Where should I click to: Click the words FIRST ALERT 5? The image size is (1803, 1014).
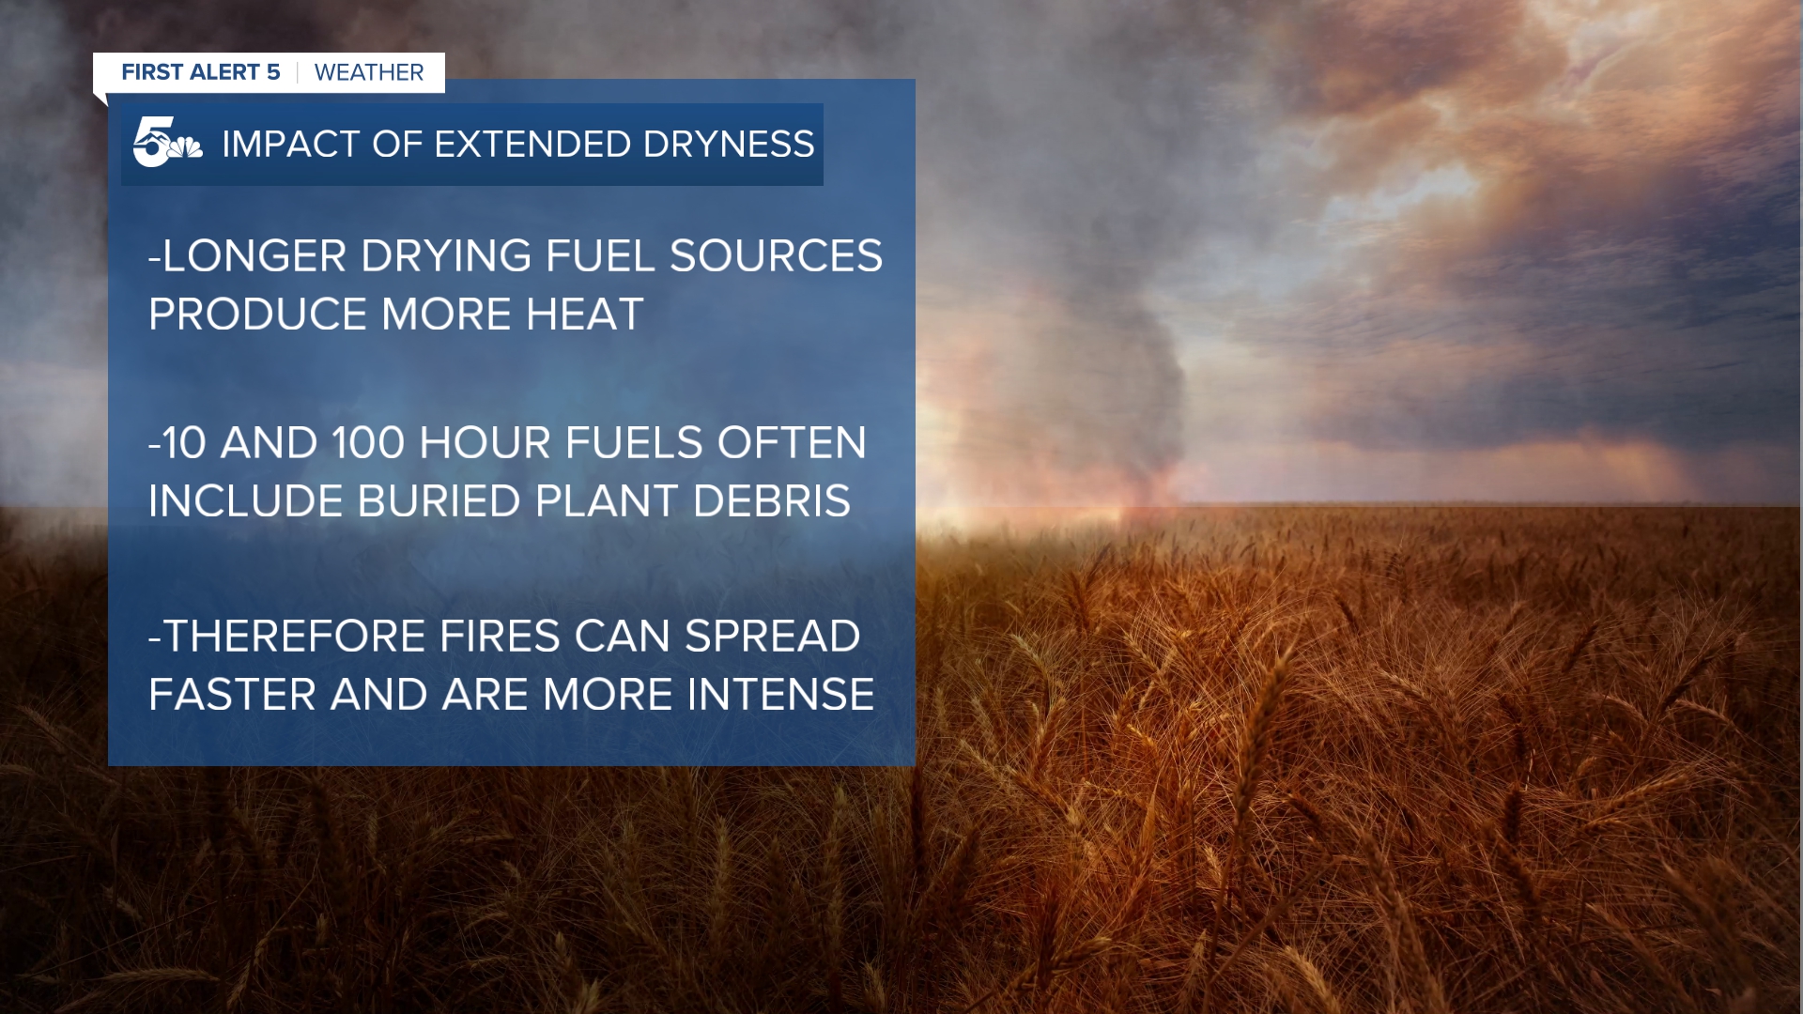click(x=201, y=72)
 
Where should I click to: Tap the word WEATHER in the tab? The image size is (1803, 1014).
click(x=369, y=72)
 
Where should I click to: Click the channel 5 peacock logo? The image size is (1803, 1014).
click(x=167, y=143)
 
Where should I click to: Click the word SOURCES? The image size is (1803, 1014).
click(x=776, y=256)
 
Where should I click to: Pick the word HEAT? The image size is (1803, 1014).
click(x=584, y=315)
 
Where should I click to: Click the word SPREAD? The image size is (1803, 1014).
click(x=773, y=637)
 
